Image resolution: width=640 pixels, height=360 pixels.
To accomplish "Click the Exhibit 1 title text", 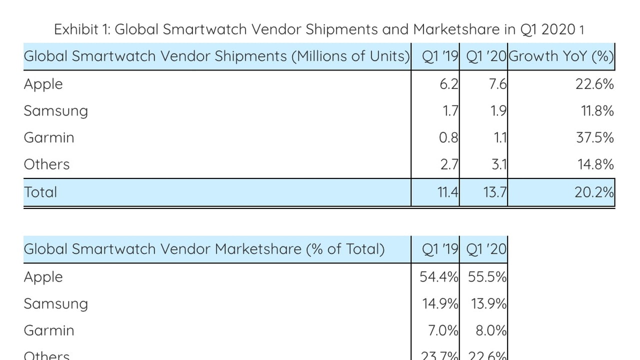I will (319, 29).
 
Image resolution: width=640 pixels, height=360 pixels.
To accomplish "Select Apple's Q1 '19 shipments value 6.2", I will (449, 84).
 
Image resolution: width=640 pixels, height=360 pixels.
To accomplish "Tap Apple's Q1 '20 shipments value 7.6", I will (497, 84).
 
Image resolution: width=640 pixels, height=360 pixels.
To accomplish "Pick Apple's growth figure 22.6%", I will (594, 84).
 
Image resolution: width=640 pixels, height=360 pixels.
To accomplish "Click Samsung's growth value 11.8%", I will (597, 111).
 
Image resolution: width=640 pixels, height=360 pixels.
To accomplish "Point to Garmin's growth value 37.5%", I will (594, 137).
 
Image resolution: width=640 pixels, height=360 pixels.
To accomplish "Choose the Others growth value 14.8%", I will (595, 164).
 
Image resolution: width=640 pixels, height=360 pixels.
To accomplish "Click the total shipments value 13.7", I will (495, 192).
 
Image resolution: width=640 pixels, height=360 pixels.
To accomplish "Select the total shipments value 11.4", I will (447, 192).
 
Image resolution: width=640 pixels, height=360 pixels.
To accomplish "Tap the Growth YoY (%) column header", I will (561, 56).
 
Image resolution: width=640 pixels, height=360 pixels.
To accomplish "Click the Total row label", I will (40, 192).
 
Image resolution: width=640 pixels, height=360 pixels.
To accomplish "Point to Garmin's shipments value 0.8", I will (448, 137).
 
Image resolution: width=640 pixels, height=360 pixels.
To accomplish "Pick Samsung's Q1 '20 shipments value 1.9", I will (498, 111).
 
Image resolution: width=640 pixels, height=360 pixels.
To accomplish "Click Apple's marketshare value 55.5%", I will (487, 277).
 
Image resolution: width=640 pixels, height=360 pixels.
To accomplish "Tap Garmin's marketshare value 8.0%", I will (491, 330).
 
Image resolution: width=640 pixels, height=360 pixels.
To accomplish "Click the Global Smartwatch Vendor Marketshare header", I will (204, 249).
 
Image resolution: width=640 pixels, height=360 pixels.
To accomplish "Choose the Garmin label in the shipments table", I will (49, 137).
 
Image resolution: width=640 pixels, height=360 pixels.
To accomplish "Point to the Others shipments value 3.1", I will (499, 164).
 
